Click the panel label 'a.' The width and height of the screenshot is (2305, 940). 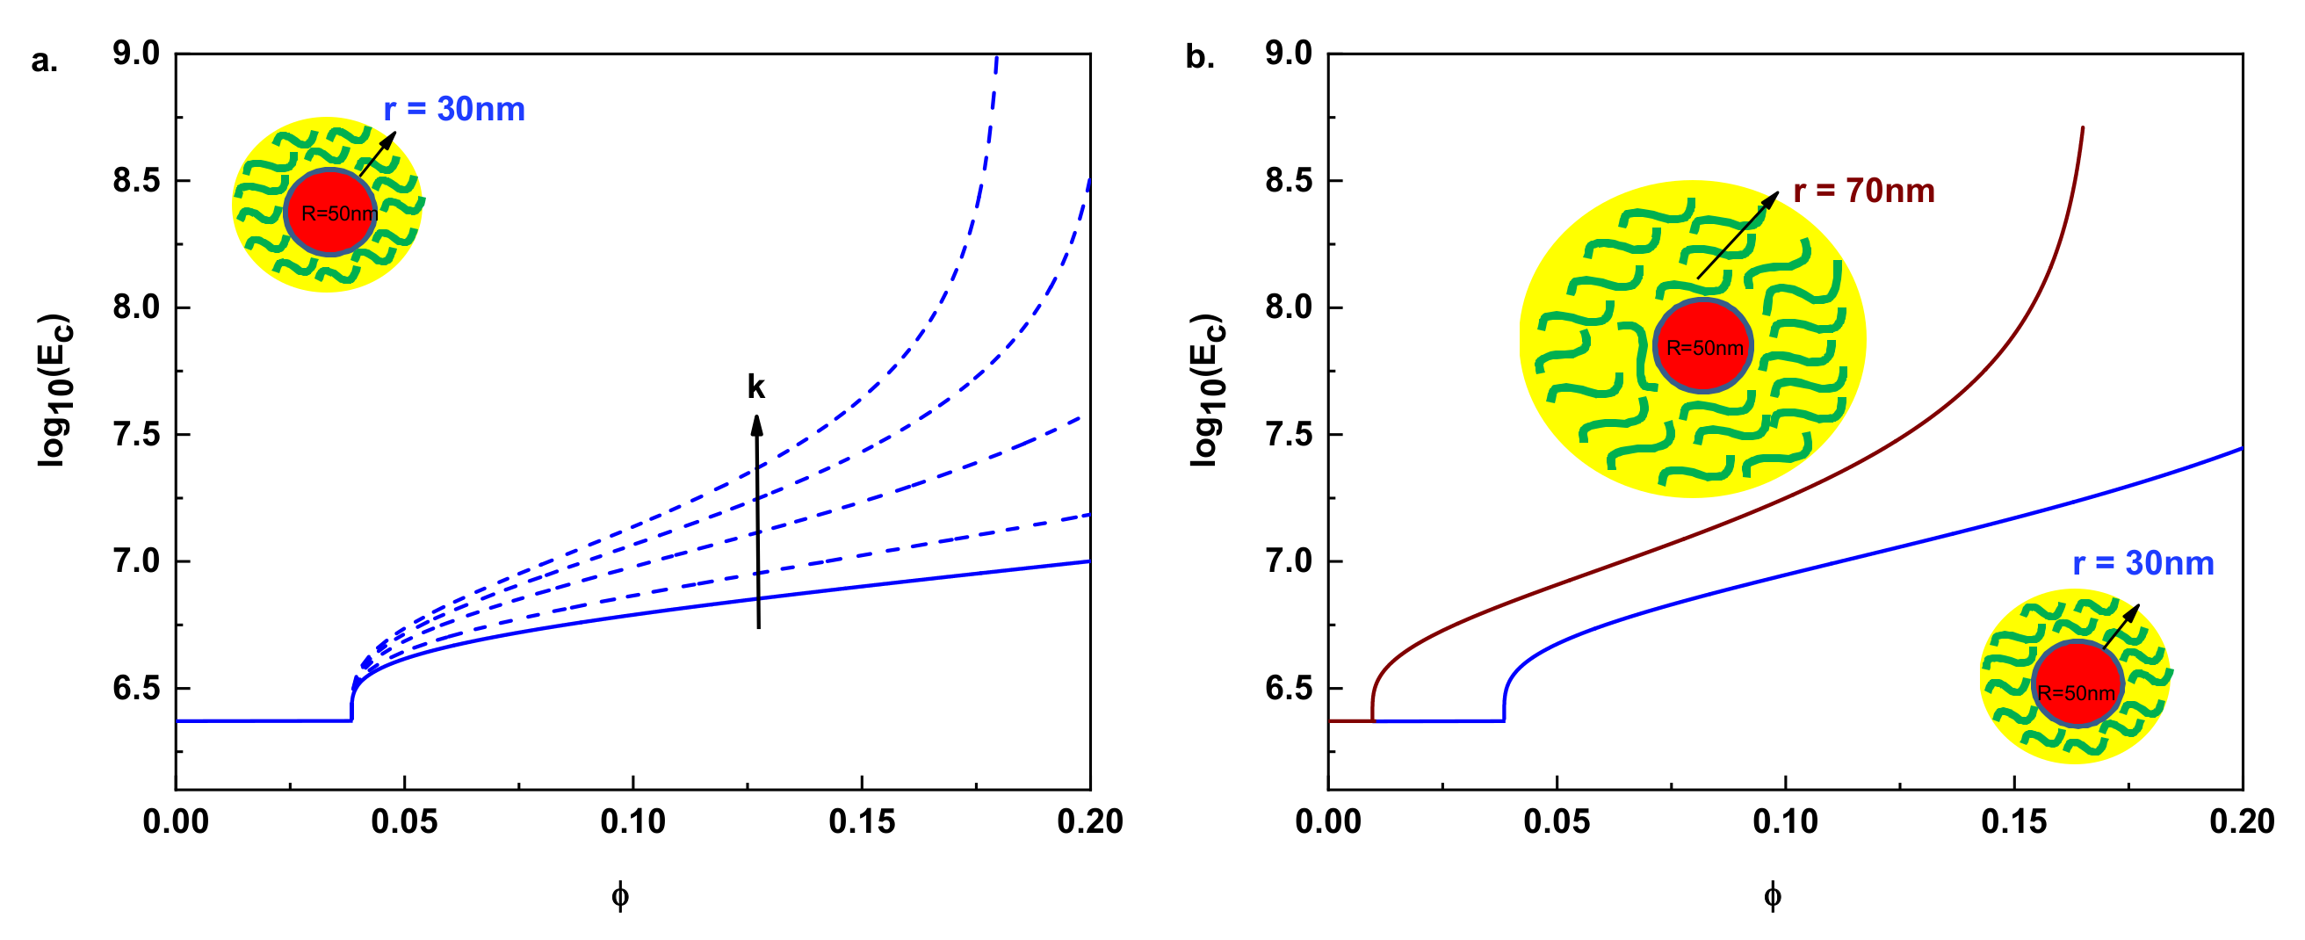(44, 61)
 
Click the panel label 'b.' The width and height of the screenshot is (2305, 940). (1199, 57)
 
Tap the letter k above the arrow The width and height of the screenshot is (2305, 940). (756, 387)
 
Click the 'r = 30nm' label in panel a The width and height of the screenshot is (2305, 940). (453, 109)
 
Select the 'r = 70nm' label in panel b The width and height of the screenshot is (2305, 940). (1864, 192)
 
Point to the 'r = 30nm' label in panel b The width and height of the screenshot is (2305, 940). (2143, 563)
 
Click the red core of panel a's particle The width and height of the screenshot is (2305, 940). (330, 213)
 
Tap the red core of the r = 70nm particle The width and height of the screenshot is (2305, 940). (1702, 345)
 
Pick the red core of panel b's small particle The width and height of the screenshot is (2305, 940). (2077, 685)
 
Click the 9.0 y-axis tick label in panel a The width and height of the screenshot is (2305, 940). (136, 54)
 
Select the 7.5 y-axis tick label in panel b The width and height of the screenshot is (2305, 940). (1289, 435)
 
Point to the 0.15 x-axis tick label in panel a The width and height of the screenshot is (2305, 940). (862, 821)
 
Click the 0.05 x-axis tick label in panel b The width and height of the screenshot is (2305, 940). (1557, 821)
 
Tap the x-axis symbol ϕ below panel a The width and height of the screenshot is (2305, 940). (620, 895)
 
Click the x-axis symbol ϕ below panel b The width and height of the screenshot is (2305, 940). (1773, 895)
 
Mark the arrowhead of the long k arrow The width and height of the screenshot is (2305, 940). (757, 424)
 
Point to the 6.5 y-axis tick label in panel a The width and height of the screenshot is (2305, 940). (136, 689)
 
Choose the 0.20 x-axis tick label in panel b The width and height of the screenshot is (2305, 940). (2242, 821)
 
